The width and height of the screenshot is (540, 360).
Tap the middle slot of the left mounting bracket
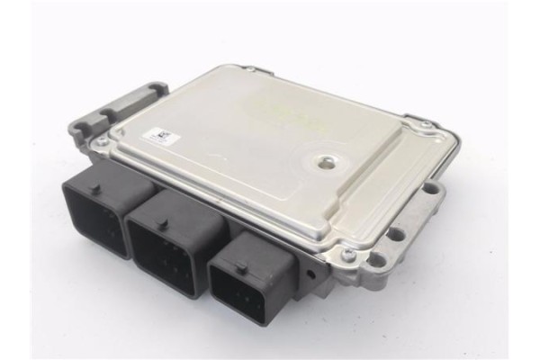tap(112, 112)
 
